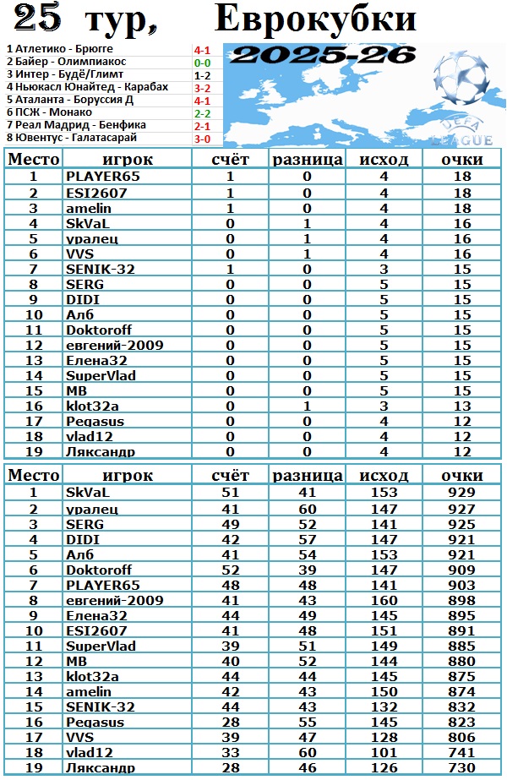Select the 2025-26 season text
(325, 56)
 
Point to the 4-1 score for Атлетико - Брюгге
(202, 50)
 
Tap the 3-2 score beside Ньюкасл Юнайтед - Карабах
(202, 87)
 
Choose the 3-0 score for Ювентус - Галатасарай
(202, 138)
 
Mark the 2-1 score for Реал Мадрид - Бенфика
(202, 125)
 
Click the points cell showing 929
(461, 493)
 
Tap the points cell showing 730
(461, 768)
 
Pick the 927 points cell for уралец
(461, 508)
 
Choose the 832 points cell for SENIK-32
(461, 707)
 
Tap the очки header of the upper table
(461, 160)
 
